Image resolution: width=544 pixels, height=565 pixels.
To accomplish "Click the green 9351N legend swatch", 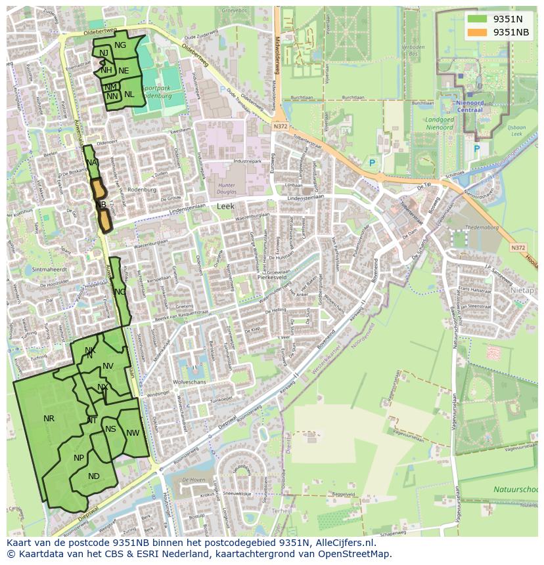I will pyautogui.click(x=477, y=19).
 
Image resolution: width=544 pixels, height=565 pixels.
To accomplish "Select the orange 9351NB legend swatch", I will pyautogui.click(x=477, y=32).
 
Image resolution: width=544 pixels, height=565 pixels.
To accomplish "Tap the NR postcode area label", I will pyautogui.click(x=49, y=419).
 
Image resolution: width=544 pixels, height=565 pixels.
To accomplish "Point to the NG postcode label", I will pyautogui.click(x=120, y=45).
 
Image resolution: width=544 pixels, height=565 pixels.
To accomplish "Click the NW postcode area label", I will pyautogui.click(x=133, y=433).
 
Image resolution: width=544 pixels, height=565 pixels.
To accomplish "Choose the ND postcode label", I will pyautogui.click(x=94, y=476).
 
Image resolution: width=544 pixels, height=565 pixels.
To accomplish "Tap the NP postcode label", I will pyautogui.click(x=79, y=458).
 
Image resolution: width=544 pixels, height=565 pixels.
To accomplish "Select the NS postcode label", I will pyautogui.click(x=110, y=430).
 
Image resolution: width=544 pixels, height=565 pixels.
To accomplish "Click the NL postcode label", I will pyautogui.click(x=129, y=94).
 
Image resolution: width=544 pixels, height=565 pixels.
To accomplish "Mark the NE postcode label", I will pyautogui.click(x=124, y=71).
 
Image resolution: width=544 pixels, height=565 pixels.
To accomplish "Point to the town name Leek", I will pyautogui.click(x=225, y=206).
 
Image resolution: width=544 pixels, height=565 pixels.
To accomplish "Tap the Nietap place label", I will pyautogui.click(x=522, y=290).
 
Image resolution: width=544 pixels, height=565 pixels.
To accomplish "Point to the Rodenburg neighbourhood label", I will pyautogui.click(x=142, y=190).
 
